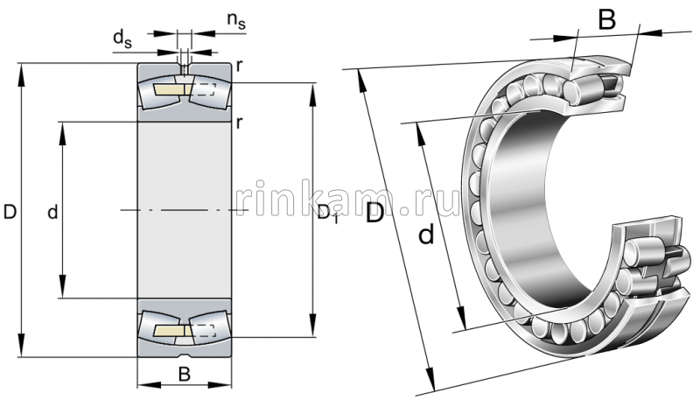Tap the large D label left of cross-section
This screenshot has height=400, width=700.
point(10,211)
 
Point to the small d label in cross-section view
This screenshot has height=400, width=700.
point(52,211)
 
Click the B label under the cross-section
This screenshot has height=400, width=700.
point(184,375)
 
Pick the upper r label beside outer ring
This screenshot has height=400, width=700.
point(238,67)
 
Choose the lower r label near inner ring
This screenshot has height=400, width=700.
point(238,122)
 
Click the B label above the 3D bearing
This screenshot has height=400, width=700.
point(606,18)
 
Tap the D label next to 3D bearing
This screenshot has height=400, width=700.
point(374,213)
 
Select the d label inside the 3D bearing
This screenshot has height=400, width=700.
point(426,234)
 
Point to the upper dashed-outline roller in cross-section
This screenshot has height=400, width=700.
point(205,88)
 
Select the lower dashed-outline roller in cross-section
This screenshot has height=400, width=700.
point(205,332)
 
